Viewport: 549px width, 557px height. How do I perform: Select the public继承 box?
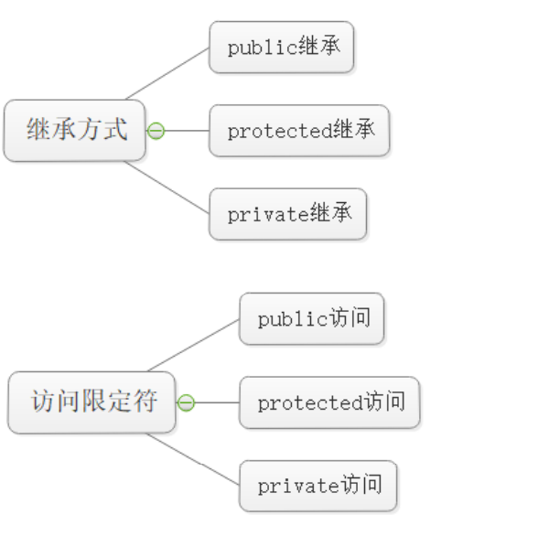(x=281, y=48)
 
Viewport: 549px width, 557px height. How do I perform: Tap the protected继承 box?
(x=299, y=131)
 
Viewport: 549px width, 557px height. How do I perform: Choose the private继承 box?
(x=287, y=215)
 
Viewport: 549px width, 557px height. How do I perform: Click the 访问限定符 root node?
(x=91, y=402)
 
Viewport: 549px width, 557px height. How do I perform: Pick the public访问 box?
(x=311, y=319)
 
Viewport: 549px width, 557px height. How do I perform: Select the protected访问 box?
(x=329, y=402)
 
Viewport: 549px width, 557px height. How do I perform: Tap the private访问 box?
(x=318, y=486)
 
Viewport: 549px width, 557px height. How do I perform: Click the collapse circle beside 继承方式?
(x=156, y=131)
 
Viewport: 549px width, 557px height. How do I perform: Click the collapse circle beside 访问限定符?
(x=186, y=402)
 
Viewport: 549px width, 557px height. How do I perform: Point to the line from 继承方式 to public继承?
(x=167, y=73)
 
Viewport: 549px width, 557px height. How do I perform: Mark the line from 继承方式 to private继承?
(x=167, y=188)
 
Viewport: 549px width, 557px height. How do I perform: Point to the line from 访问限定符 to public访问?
(x=193, y=345)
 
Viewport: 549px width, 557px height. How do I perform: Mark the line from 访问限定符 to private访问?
(x=193, y=460)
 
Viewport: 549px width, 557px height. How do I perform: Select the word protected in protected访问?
(x=309, y=403)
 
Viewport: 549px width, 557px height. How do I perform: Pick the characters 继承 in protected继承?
(x=353, y=131)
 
